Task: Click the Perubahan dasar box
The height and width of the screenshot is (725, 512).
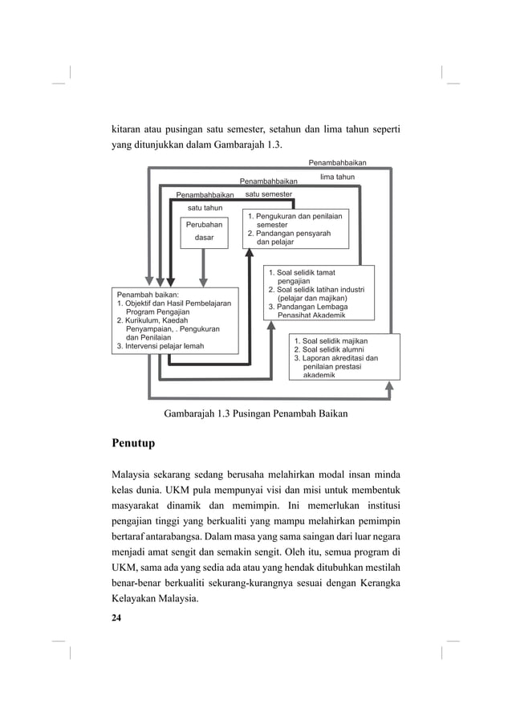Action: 204,232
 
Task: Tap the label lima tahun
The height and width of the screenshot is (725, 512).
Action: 337,177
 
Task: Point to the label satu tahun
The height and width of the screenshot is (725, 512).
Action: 199,209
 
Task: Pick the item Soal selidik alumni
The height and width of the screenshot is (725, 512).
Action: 334,349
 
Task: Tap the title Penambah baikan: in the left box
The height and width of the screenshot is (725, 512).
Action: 148,295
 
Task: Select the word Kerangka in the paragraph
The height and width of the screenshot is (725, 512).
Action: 379,580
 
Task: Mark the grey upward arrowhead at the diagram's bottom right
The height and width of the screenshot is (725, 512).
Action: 389,386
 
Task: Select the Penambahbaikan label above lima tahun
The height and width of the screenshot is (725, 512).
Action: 337,163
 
